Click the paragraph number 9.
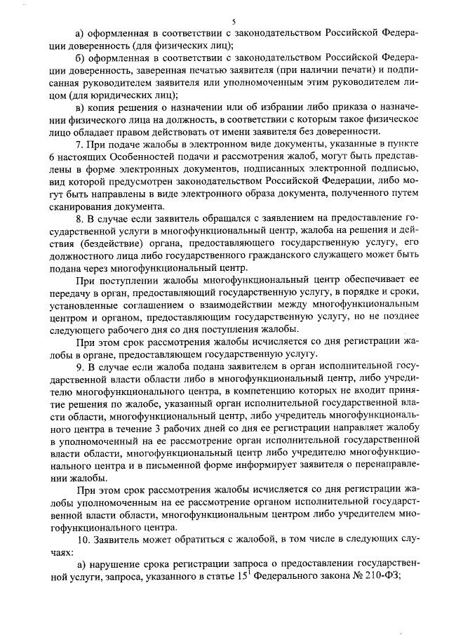coord(81,368)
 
